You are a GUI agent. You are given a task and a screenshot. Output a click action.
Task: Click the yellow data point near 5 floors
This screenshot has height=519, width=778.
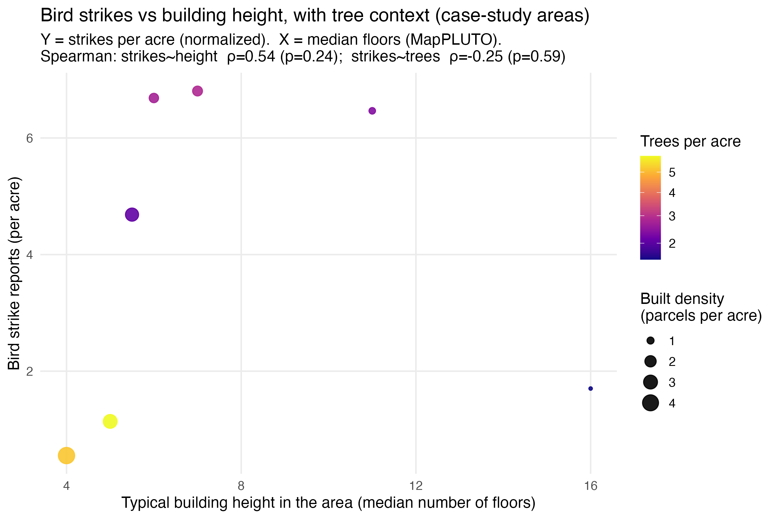[x=110, y=421]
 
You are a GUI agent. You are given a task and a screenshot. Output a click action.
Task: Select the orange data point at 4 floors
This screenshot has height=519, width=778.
[x=67, y=456]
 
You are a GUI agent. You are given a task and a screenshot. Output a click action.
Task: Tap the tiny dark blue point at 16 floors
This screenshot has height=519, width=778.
[x=590, y=389]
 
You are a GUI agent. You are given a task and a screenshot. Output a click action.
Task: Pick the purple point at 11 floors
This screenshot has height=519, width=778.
[x=372, y=111]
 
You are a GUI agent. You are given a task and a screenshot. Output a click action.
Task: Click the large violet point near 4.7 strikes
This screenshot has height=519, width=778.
[x=132, y=215]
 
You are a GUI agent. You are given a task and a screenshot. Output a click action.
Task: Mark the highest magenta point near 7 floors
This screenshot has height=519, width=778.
[x=197, y=91]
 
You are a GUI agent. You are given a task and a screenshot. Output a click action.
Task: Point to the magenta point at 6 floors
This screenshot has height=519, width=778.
[x=154, y=98]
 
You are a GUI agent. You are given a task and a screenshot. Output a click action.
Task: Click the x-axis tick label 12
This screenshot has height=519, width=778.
[x=416, y=486]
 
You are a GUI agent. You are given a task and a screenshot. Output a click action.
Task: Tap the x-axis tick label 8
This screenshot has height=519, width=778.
[x=241, y=486]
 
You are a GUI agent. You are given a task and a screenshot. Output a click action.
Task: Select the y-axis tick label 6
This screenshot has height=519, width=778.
[x=30, y=138]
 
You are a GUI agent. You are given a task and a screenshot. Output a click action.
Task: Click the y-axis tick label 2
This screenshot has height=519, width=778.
[x=30, y=371]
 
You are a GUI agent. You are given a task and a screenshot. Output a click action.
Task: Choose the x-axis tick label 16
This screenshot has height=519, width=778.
[x=590, y=486]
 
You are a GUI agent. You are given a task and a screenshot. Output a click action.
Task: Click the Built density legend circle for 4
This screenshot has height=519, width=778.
[x=650, y=403]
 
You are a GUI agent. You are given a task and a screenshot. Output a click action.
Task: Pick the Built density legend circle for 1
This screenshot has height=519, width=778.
[x=650, y=341]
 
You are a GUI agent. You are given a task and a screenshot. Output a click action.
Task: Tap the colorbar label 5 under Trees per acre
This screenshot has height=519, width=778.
[x=672, y=172]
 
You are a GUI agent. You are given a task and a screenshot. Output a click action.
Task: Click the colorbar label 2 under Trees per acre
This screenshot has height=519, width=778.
[x=672, y=244]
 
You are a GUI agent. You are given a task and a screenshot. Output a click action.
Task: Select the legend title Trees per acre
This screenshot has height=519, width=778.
[x=690, y=142]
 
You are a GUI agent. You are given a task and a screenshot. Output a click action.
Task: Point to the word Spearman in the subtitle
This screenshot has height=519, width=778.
[x=78, y=56]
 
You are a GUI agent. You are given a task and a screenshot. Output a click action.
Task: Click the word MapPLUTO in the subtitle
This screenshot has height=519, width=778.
[x=450, y=40]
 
